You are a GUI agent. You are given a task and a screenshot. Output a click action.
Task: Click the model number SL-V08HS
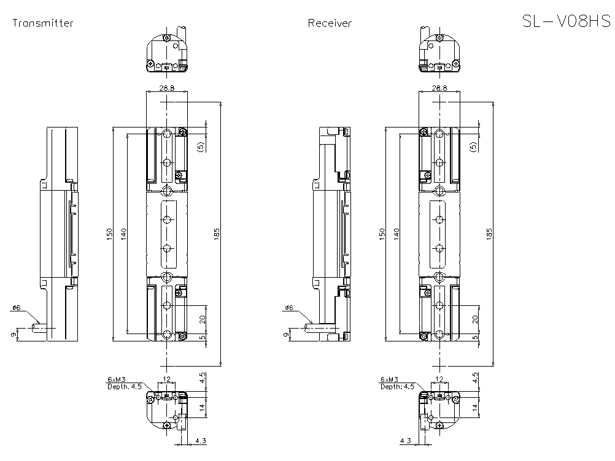tap(565, 22)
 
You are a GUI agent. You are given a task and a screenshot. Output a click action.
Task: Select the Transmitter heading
tap(43, 23)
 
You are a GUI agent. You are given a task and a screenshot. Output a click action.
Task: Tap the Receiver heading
tap(330, 23)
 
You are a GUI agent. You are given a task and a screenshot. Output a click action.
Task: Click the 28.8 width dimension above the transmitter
tap(166, 88)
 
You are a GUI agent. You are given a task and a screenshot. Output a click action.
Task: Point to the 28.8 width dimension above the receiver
tap(439, 88)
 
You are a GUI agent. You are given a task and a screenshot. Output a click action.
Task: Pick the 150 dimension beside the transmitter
tap(109, 234)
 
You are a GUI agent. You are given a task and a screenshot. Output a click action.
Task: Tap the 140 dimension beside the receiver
tap(396, 234)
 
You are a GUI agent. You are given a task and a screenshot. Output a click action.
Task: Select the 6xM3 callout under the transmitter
tap(115, 379)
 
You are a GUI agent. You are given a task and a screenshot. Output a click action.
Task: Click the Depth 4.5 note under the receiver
tap(397, 386)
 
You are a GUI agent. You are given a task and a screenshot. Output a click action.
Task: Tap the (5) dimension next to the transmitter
tap(201, 146)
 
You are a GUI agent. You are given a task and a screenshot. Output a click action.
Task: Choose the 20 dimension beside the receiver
tap(475, 319)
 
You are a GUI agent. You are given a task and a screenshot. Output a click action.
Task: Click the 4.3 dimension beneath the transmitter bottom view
tap(200, 441)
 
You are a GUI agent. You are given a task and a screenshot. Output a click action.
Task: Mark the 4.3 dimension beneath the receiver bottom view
tap(405, 441)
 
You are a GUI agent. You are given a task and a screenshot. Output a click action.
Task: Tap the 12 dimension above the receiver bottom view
tap(439, 379)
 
